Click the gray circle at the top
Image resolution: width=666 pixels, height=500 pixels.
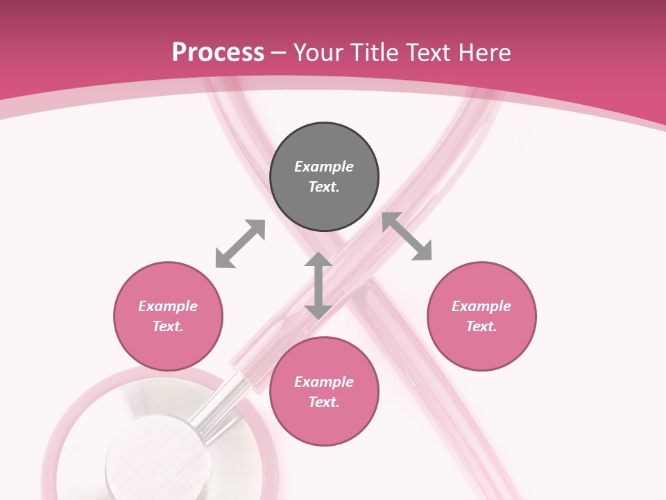click(x=324, y=177)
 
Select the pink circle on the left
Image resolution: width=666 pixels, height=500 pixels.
click(x=168, y=317)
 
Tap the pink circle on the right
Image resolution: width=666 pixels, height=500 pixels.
click(x=481, y=317)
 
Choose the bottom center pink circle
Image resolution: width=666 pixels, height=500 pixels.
click(x=324, y=392)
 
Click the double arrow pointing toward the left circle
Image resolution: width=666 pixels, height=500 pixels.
click(x=240, y=244)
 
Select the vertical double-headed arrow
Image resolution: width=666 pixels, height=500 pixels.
click(x=318, y=285)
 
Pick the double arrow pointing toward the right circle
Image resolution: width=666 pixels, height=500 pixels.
click(x=407, y=236)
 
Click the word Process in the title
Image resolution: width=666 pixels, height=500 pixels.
click(x=218, y=52)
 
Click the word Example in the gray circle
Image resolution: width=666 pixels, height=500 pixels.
click(x=324, y=167)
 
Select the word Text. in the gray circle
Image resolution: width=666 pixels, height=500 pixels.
click(x=324, y=187)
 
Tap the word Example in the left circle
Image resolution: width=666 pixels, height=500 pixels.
click(x=168, y=306)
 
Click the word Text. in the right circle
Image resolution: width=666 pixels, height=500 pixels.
click(x=481, y=326)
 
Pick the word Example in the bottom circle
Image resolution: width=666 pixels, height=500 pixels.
click(x=324, y=382)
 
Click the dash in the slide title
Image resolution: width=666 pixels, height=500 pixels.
click(x=279, y=53)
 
